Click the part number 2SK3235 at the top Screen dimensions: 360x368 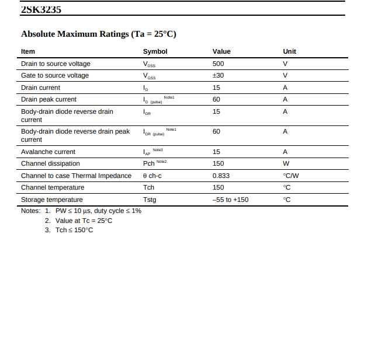pyautogui.click(x=41, y=9)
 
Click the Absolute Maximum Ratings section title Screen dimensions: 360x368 pyautogui.click(x=98, y=34)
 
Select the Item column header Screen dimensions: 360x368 pyautogui.click(x=28, y=51)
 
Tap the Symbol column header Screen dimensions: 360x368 pyautogui.click(x=155, y=51)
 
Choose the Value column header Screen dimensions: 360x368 pyautogui.click(x=221, y=51)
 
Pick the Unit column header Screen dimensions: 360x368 pyautogui.click(x=289, y=51)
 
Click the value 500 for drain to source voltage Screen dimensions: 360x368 pyautogui.click(x=218, y=64)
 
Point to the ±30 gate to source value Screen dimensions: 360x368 pyautogui.click(x=218, y=75)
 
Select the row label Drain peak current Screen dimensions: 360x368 pyautogui.click(x=48, y=99)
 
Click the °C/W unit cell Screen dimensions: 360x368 pyautogui.click(x=291, y=176)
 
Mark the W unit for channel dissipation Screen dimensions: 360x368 pyautogui.click(x=286, y=163)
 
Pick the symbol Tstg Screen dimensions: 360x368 pyautogui.click(x=150, y=200)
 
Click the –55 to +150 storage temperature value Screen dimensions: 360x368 pyautogui.click(x=230, y=200)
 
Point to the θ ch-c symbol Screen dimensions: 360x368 pyautogui.click(x=152, y=176)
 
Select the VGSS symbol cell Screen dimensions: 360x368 pyautogui.click(x=149, y=76)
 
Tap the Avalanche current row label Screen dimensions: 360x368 pyautogui.click(x=48, y=152)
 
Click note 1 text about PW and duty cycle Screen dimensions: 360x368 pyautogui.click(x=98, y=211)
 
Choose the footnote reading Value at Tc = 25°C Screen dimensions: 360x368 pyautogui.click(x=84, y=221)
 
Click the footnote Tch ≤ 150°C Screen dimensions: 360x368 pyautogui.click(x=74, y=230)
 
